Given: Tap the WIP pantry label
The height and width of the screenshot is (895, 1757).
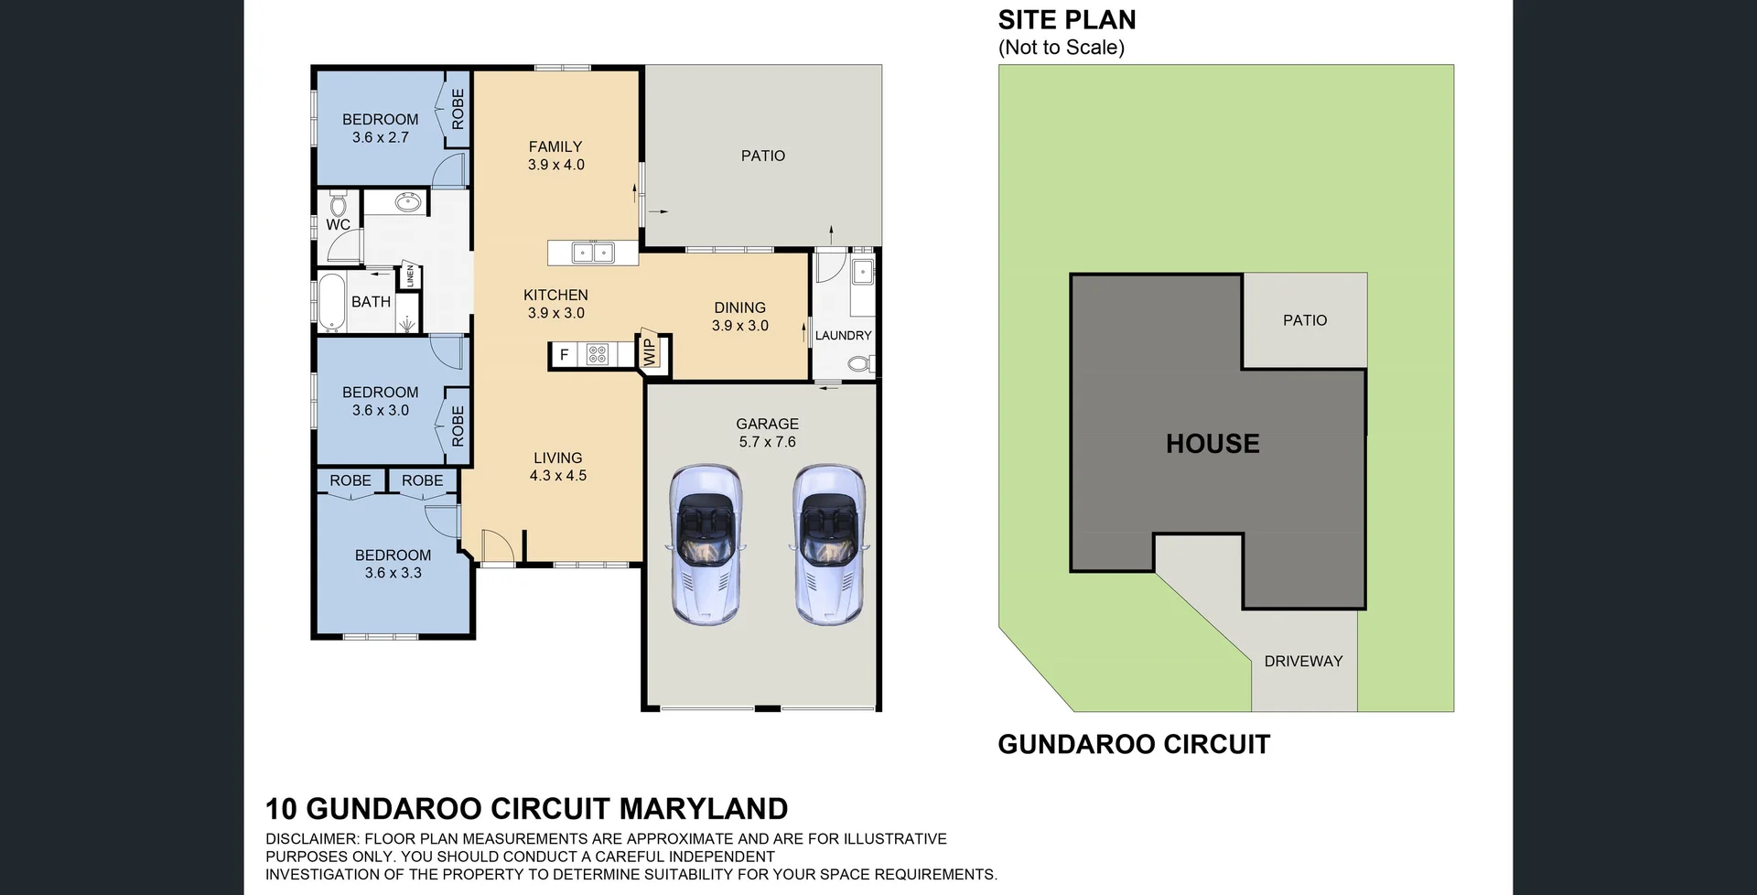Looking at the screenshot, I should click(x=651, y=352).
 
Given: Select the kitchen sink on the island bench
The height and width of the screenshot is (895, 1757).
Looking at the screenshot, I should click(x=592, y=253).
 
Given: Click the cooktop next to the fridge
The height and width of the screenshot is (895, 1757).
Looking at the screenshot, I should click(x=598, y=354).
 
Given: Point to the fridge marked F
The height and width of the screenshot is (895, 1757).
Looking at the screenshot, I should click(x=564, y=354).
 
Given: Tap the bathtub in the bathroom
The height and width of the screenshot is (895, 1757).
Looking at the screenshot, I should click(x=330, y=302).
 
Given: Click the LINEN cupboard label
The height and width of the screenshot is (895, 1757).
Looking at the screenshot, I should click(x=411, y=275).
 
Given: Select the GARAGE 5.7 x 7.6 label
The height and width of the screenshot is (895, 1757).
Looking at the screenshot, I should click(x=767, y=433).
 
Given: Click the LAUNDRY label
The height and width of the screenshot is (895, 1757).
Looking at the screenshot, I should click(x=843, y=336).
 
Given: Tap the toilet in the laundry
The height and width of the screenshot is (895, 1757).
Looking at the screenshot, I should click(x=859, y=364).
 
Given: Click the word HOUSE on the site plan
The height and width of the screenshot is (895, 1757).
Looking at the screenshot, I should click(x=1213, y=444).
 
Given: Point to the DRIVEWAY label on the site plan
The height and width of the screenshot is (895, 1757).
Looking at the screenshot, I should click(x=1303, y=661).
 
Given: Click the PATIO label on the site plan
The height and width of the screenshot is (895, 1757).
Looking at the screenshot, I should click(x=1304, y=320).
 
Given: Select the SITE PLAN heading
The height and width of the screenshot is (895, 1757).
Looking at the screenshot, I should click(x=1067, y=20).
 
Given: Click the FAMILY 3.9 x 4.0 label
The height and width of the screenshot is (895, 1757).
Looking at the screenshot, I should click(x=555, y=156).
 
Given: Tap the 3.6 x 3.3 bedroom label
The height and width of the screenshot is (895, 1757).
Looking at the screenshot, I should click(x=393, y=564).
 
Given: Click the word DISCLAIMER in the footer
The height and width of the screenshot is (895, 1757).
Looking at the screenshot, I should click(x=311, y=839).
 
